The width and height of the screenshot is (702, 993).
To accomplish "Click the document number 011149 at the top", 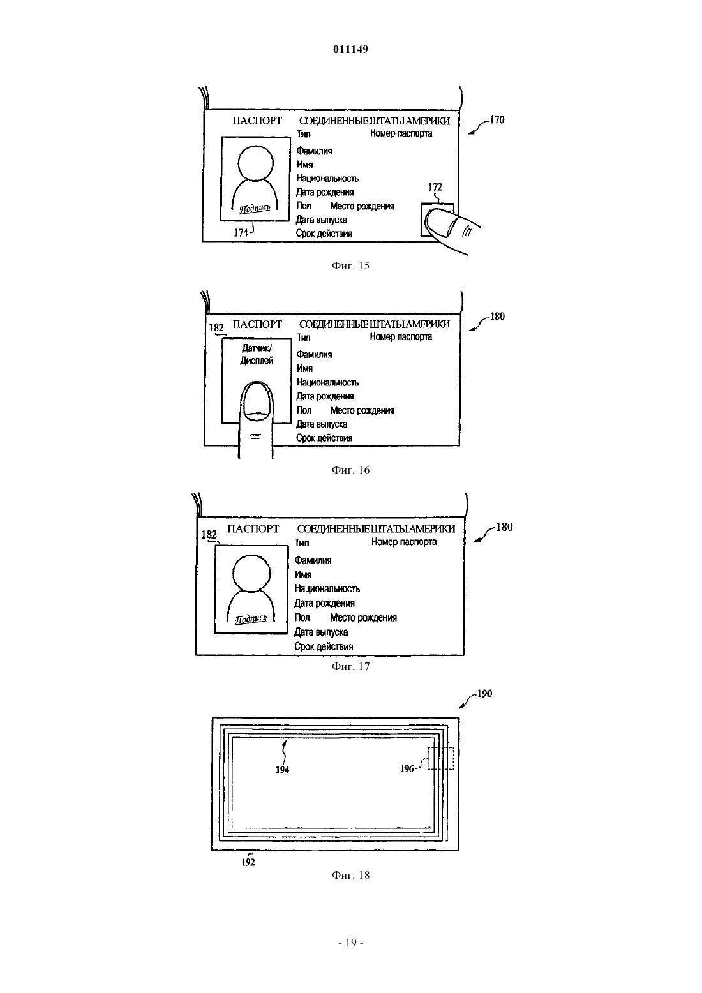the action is (350, 49).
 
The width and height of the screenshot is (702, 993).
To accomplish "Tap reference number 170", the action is (497, 120).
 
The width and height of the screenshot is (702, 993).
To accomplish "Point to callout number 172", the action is (435, 186).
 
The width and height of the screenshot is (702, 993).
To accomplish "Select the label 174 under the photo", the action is (241, 233).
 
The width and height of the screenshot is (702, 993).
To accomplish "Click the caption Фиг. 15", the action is (350, 265).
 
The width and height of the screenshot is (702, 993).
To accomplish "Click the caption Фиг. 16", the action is (350, 470).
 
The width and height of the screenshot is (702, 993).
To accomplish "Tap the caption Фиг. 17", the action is (350, 666).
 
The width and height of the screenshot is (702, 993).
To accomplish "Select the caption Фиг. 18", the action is (350, 875).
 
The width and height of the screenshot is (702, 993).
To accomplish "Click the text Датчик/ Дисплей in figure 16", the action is (257, 354).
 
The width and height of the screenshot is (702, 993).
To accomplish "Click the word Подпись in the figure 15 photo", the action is (255, 208).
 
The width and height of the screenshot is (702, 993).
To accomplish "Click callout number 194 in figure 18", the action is (282, 770).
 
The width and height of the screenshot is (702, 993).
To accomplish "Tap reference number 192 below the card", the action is (248, 862).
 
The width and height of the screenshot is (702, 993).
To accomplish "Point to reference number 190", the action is (484, 694).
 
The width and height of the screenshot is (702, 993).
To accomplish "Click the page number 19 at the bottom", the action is (351, 943).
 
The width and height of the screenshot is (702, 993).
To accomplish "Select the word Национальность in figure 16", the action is (327, 382).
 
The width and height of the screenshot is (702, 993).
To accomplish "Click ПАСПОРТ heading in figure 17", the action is (253, 529).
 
